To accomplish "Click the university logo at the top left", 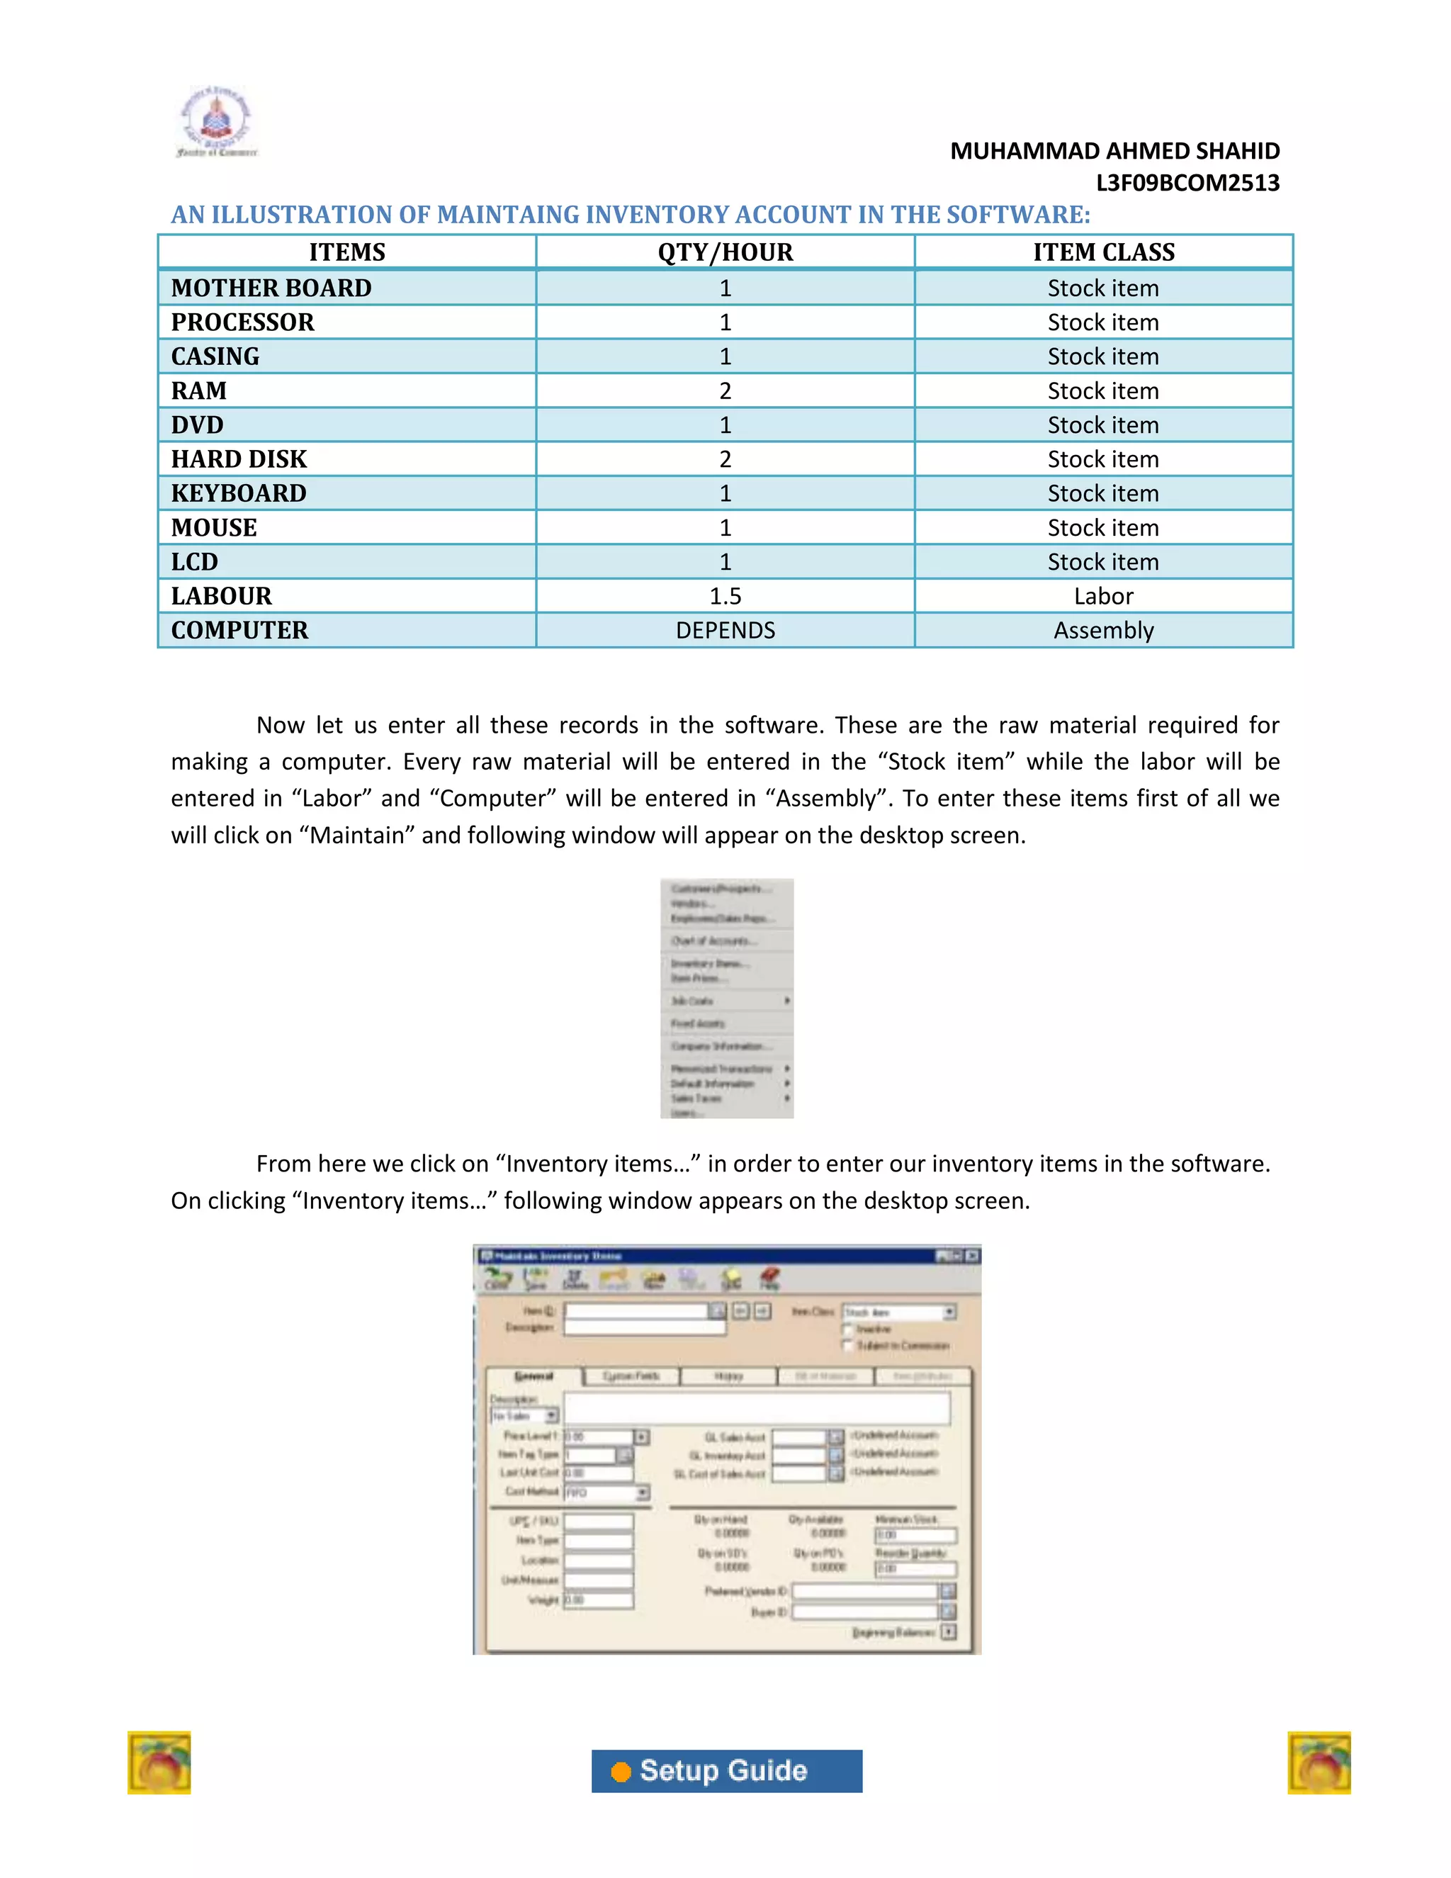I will tap(216, 123).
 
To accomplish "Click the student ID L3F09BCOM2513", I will tap(1187, 183).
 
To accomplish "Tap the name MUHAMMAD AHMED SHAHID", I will tap(1114, 152).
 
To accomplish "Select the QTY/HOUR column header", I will tap(725, 252).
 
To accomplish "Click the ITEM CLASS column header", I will tap(1103, 252).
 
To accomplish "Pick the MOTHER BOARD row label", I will tap(271, 288).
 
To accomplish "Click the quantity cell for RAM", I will tap(725, 391).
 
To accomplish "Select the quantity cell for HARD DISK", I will tap(725, 459).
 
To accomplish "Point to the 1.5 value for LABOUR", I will tap(725, 596).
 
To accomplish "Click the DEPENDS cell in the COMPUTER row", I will tap(725, 630).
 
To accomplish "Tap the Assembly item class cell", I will tap(1103, 630).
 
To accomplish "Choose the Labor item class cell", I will tap(1103, 596).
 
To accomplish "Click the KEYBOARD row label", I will tap(239, 493).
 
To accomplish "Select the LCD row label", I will tap(195, 561).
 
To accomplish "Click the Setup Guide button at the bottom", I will tap(726, 1770).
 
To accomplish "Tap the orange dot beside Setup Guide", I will tap(621, 1772).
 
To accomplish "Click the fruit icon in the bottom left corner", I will tap(159, 1762).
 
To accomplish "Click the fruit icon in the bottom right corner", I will tap(1319, 1762).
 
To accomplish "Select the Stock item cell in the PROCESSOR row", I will tap(1103, 322).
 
